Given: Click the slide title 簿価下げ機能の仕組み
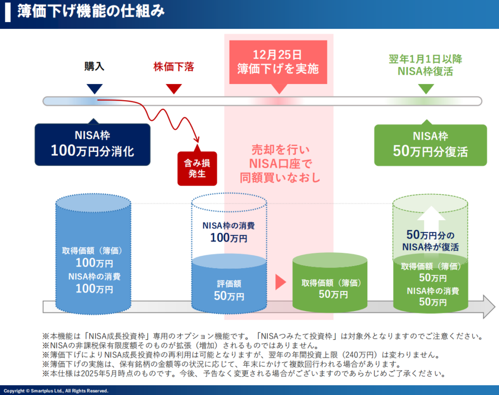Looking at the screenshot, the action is click(91, 11).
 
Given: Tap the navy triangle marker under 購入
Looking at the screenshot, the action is click(95, 89).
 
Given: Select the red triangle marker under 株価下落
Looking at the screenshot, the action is click(174, 89).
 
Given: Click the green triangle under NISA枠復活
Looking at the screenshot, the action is click(426, 89).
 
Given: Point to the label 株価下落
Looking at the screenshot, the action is click(174, 67).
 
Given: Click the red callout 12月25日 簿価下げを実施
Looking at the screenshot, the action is click(278, 62).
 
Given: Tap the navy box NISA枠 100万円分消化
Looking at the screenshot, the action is click(92, 145).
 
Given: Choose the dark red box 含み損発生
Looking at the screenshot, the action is click(197, 168).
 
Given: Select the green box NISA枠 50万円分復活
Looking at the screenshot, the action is click(431, 145).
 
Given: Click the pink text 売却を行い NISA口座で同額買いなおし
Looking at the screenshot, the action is click(280, 164).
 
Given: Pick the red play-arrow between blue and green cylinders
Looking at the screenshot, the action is click(280, 282).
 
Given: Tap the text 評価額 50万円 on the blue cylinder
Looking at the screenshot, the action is click(229, 290).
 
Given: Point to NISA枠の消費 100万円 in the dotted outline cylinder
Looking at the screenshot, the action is click(229, 232).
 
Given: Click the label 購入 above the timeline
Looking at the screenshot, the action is click(94, 66).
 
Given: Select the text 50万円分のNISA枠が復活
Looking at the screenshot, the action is click(431, 241).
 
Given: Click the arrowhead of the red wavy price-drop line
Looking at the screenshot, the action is click(197, 140).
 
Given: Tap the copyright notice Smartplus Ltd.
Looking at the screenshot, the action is click(56, 391).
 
